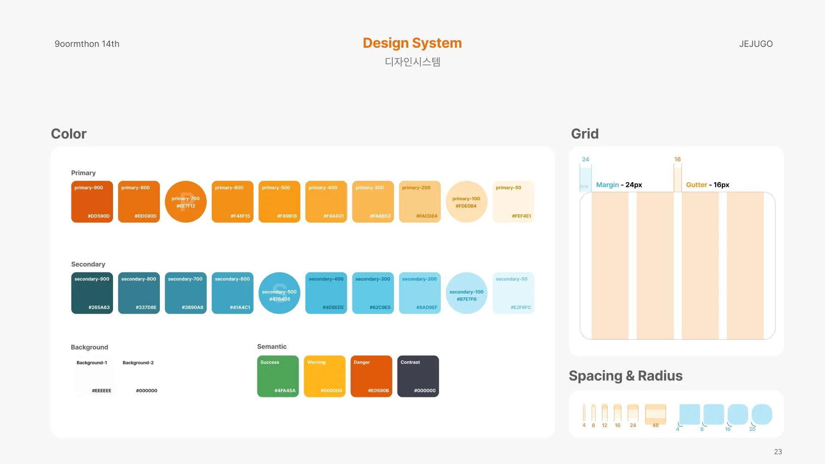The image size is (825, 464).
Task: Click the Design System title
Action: pyautogui.click(x=412, y=43)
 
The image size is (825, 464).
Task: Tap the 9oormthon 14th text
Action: pyautogui.click(x=87, y=44)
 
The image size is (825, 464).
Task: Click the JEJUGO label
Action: pyautogui.click(x=756, y=44)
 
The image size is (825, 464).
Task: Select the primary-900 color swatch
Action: pyautogui.click(x=92, y=201)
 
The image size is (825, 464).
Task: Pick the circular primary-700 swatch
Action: pyautogui.click(x=186, y=201)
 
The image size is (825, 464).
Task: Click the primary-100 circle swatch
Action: pyautogui.click(x=466, y=201)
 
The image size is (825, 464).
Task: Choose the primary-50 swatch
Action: pyautogui.click(x=513, y=201)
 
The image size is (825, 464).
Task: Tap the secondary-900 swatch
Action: pyautogui.click(x=92, y=293)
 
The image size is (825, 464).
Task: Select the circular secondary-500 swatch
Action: pyautogui.click(x=279, y=293)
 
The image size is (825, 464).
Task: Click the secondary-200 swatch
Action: pyautogui.click(x=420, y=293)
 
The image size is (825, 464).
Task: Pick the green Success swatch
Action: pyautogui.click(x=278, y=376)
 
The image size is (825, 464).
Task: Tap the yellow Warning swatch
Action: pyautogui.click(x=324, y=376)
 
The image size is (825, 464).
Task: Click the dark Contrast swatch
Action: pyautogui.click(x=418, y=376)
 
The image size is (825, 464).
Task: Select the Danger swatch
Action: pyautogui.click(x=371, y=376)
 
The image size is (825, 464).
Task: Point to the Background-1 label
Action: pyautogui.click(x=92, y=363)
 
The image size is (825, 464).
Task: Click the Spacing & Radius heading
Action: pyautogui.click(x=626, y=376)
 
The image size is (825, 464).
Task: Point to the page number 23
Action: pyautogui.click(x=778, y=452)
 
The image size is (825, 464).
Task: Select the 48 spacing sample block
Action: pyautogui.click(x=655, y=413)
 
